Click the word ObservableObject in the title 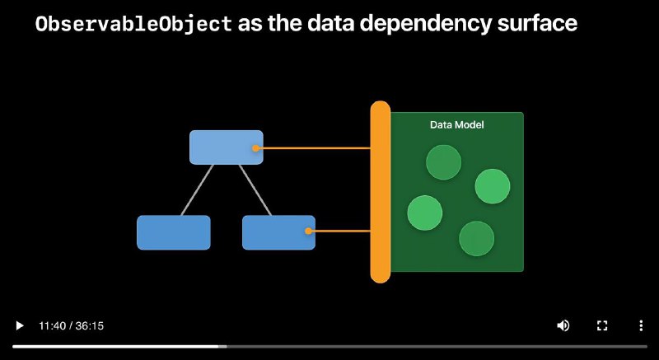[133, 24]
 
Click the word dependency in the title [426, 25]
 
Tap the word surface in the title [538, 24]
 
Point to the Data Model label [457, 124]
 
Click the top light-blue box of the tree [226, 147]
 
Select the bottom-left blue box [174, 232]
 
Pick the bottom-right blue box [278, 232]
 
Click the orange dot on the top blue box [255, 148]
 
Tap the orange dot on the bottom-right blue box [308, 231]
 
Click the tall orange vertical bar [381, 192]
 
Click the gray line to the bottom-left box [197, 189]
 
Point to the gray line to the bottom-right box [255, 189]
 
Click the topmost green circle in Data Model [443, 162]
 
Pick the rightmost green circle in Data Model [493, 186]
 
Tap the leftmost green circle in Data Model [425, 213]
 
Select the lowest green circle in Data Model [477, 238]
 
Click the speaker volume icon [563, 325]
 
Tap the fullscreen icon [602, 325]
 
